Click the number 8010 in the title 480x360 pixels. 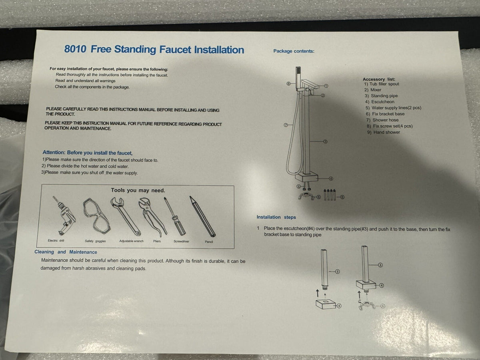[75, 49]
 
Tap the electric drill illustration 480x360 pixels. [64, 216]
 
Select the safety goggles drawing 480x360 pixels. [96, 216]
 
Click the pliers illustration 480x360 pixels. [152, 217]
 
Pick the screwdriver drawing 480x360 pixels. [175, 216]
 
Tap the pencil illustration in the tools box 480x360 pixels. [202, 216]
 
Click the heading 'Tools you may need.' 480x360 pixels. [138, 190]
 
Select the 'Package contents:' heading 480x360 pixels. [294, 51]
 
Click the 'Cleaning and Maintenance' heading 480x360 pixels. [66, 252]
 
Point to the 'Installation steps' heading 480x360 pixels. [276, 217]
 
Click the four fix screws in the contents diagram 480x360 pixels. [330, 194]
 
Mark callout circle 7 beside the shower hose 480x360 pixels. [286, 125]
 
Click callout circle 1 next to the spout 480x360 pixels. [326, 86]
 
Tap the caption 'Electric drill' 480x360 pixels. [56, 240]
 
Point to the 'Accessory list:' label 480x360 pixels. [379, 79]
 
